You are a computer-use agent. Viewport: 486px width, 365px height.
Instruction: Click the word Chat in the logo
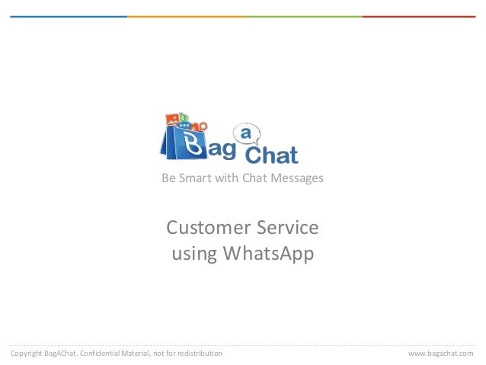click(270, 155)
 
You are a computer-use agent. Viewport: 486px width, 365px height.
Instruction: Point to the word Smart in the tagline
click(193, 178)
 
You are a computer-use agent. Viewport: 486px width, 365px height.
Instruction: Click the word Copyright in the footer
click(26, 354)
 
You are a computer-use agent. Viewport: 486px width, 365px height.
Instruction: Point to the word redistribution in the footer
click(199, 354)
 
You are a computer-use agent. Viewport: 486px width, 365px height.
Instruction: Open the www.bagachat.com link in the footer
click(440, 354)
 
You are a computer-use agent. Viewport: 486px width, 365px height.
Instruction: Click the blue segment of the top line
click(69, 16)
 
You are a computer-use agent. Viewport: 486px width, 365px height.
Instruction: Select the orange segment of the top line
click(186, 16)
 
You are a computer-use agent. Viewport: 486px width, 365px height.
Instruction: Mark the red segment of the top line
click(419, 16)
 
